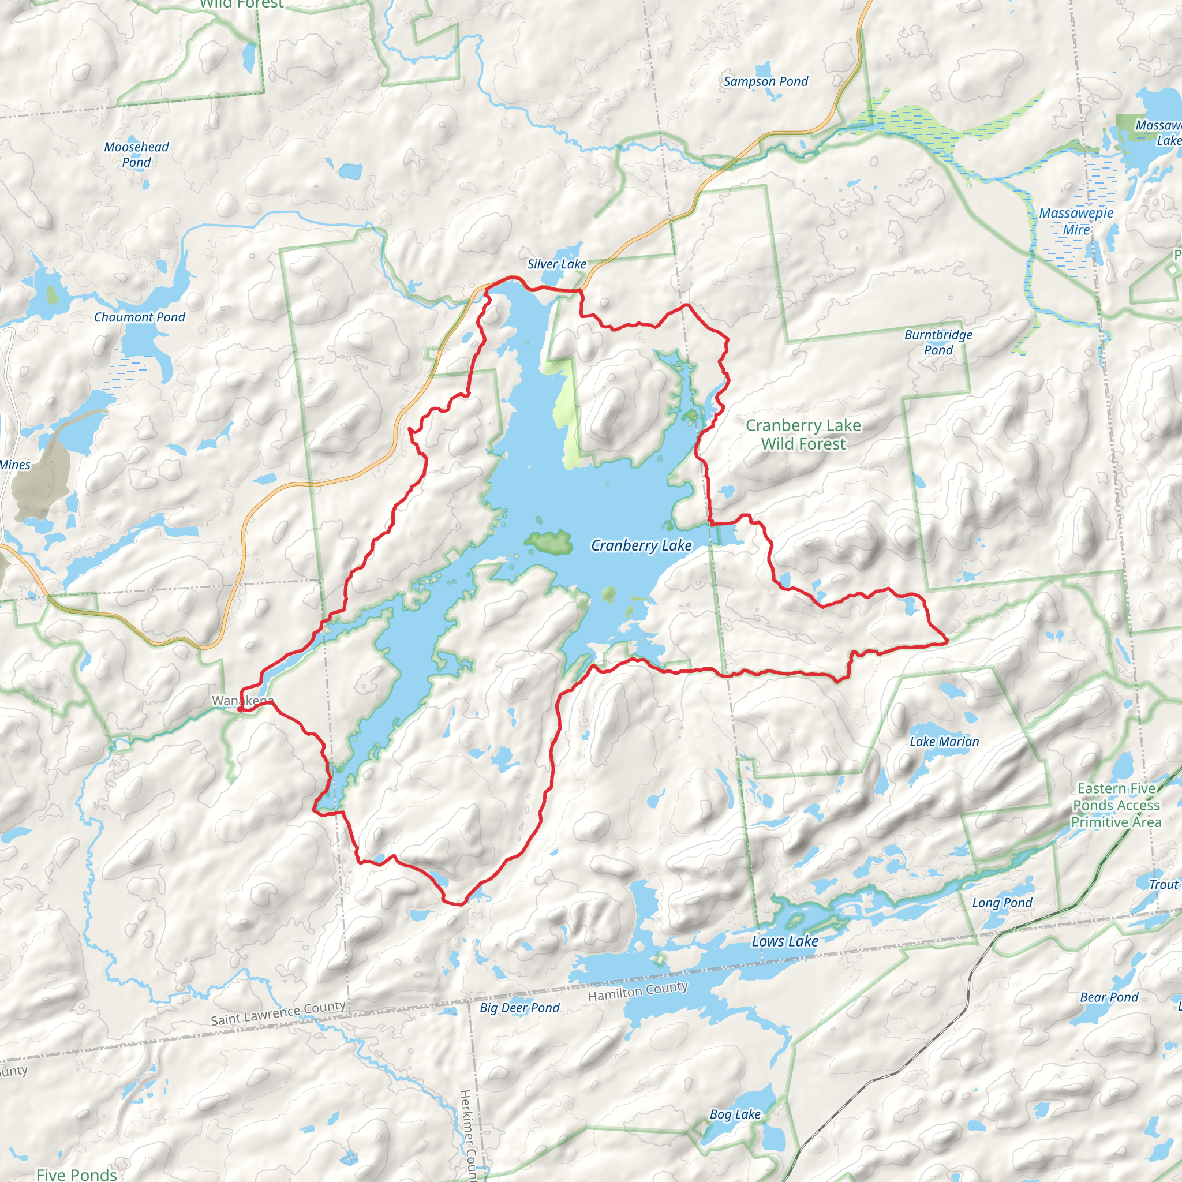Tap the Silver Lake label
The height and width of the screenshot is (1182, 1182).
tap(556, 264)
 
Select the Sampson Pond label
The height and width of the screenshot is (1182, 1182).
tap(765, 81)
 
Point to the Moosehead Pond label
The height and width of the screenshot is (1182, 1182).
tap(136, 154)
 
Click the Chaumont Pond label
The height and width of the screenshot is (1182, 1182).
tap(139, 317)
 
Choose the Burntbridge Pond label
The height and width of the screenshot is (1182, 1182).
tap(938, 342)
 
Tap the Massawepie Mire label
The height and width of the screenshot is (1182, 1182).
tap(1076, 221)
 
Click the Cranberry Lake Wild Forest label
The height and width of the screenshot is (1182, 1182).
tap(803, 434)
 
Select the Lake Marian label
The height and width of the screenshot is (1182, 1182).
tap(944, 742)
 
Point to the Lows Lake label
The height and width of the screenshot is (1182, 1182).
tap(784, 941)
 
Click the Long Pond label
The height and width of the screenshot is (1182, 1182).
tap(1001, 903)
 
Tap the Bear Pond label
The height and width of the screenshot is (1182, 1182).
tap(1109, 997)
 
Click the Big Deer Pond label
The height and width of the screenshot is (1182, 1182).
tap(519, 1007)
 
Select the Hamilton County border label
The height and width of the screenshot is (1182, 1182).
tap(638, 991)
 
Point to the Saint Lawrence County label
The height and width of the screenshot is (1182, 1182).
tap(278, 1012)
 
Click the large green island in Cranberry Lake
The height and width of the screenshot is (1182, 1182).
tap(548, 541)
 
